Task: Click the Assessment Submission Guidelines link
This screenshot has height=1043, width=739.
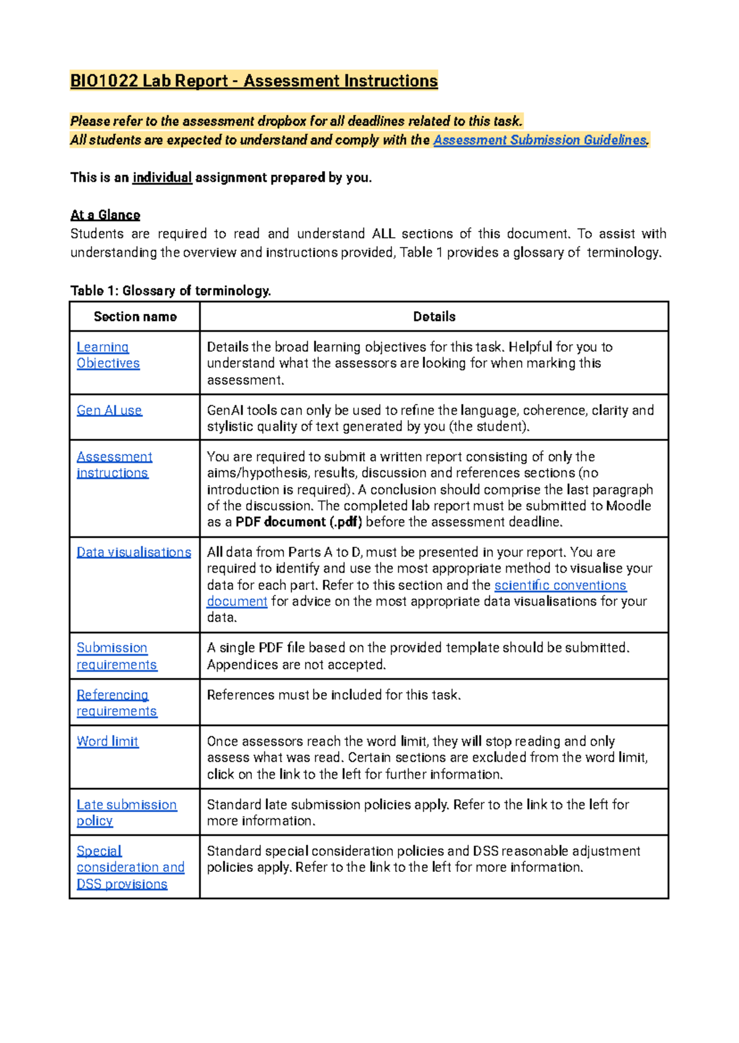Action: pyautogui.click(x=540, y=140)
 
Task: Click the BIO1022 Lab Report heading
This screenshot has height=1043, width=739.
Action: pyautogui.click(x=254, y=81)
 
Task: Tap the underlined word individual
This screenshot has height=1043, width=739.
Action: pyautogui.click(x=163, y=178)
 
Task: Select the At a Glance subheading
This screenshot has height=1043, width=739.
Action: pyautogui.click(x=105, y=215)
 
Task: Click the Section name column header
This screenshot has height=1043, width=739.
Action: pyautogui.click(x=135, y=316)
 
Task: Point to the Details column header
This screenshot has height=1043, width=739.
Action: pyautogui.click(x=434, y=316)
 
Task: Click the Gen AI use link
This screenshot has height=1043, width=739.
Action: pyautogui.click(x=110, y=410)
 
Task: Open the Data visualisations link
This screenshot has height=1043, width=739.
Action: pyautogui.click(x=134, y=552)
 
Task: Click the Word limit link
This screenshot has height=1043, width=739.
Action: pyautogui.click(x=108, y=741)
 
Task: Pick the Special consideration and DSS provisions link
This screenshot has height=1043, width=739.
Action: pyautogui.click(x=131, y=868)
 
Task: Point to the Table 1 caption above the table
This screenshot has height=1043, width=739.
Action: pyautogui.click(x=171, y=291)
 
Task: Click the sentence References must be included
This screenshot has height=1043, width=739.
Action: pyautogui.click(x=334, y=695)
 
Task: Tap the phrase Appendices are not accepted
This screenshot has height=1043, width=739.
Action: pyautogui.click(x=296, y=665)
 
